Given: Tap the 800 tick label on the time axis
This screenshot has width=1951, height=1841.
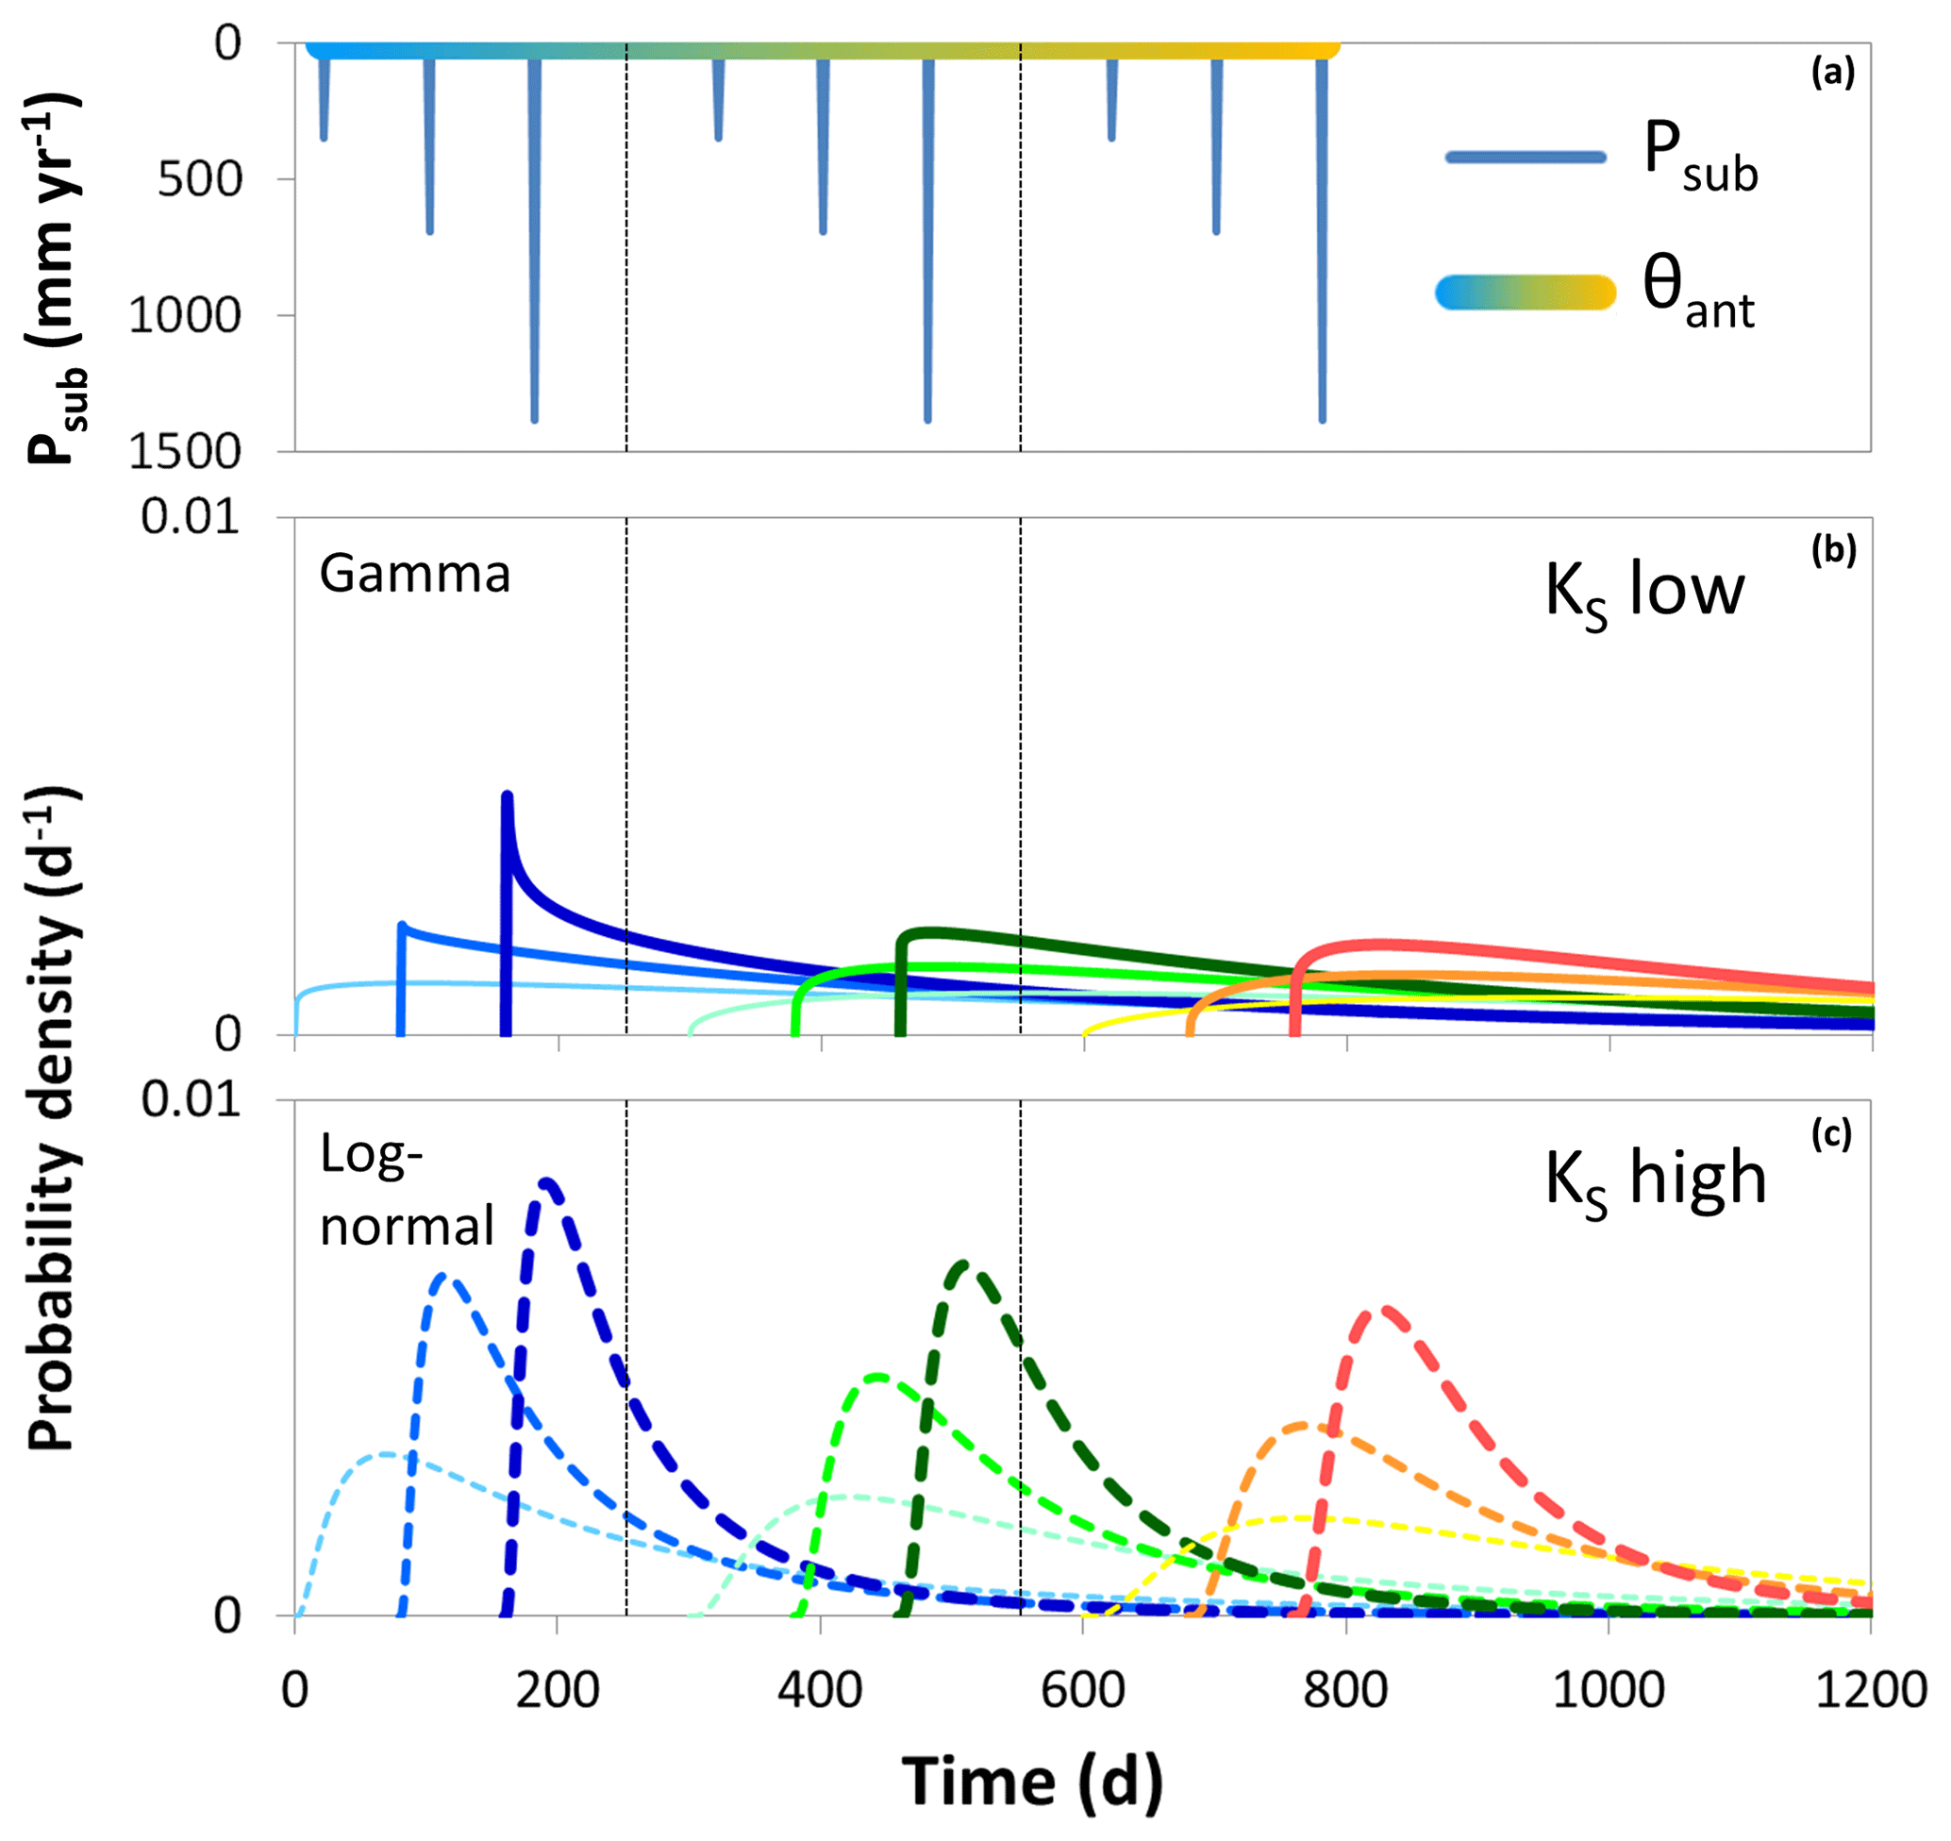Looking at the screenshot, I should [1345, 1690].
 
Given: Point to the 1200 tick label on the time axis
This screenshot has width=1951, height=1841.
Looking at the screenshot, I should [1871, 1690].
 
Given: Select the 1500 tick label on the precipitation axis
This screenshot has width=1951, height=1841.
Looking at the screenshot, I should [185, 451].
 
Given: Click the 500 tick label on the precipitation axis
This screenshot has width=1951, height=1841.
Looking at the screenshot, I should [200, 179].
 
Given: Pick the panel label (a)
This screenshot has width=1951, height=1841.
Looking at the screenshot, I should [1832, 74].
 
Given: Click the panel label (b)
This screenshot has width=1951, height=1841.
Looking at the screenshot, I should [1833, 550].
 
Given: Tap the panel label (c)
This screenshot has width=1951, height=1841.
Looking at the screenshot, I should [1831, 1134].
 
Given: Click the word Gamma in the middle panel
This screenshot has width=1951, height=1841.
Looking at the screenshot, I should [415, 574].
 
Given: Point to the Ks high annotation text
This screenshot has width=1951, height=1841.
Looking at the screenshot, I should [1656, 1180].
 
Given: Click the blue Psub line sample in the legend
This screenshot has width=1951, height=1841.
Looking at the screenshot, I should [1526, 157].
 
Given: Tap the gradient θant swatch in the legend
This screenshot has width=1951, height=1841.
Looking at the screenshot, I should [1526, 293].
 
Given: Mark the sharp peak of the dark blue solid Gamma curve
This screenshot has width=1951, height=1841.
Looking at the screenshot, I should [507, 795].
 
